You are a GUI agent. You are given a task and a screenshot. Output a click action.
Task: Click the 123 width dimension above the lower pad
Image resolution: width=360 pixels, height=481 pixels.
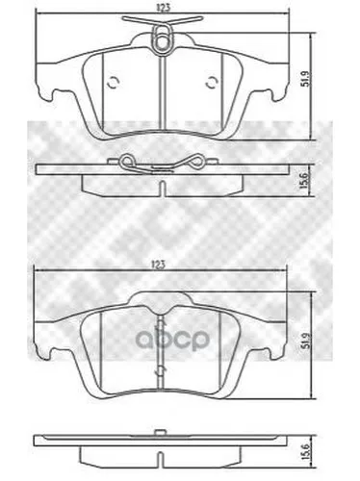pos(161,265)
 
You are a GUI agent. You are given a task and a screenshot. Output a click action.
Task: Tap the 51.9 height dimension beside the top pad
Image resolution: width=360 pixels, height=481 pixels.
pos(305,79)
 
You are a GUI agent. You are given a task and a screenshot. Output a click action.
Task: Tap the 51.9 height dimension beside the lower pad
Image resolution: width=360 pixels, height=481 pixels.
pos(305,342)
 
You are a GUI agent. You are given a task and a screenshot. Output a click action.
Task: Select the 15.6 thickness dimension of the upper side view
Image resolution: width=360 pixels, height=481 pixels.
pos(305,180)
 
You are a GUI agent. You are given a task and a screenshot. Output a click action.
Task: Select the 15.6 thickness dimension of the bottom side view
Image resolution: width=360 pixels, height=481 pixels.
pos(305,451)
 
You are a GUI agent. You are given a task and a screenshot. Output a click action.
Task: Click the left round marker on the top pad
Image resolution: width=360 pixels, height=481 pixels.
pos(113,83)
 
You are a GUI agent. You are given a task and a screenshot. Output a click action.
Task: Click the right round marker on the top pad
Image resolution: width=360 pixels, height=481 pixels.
pos(211,83)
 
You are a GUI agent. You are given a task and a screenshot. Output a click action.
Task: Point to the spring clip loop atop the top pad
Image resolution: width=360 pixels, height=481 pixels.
pos(163,39)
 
